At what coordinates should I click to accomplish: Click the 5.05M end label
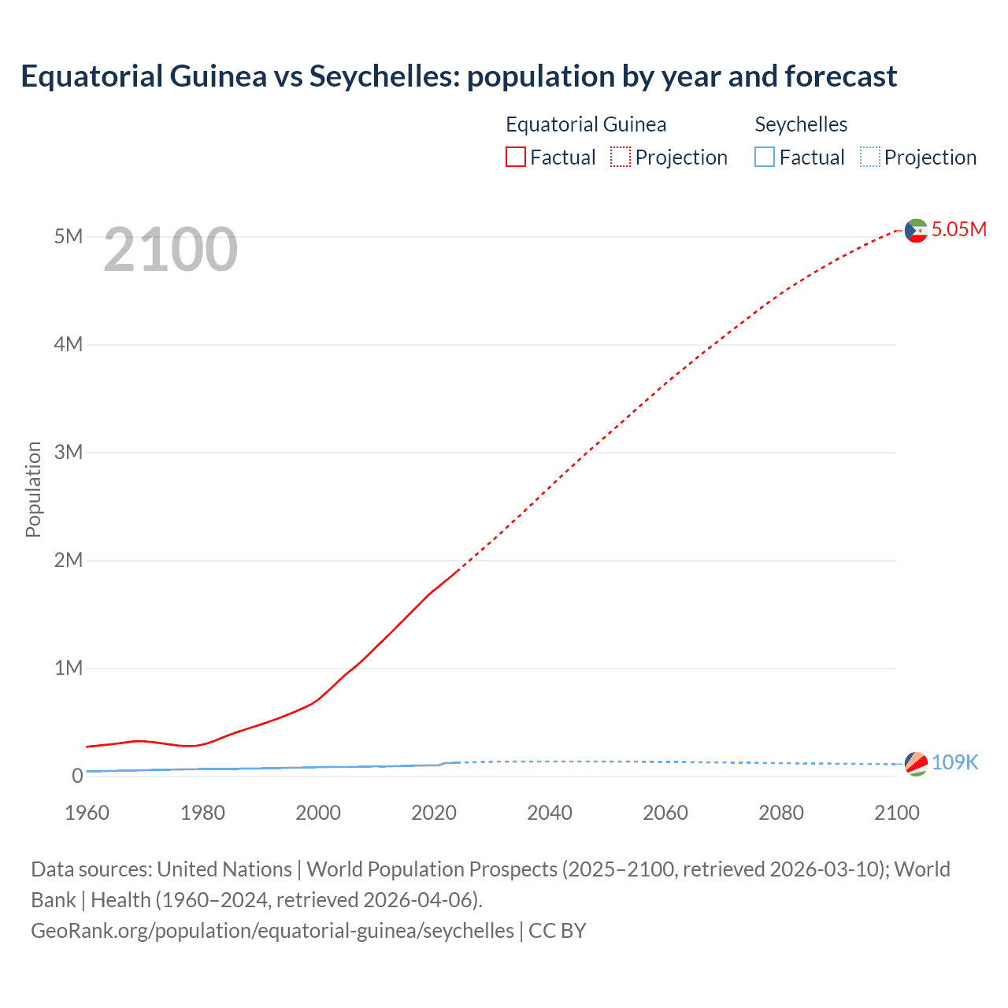coord(958,229)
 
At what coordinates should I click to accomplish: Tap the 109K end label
coord(954,762)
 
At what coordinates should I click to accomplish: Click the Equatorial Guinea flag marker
coord(916,230)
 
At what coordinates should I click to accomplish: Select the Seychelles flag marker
coord(916,763)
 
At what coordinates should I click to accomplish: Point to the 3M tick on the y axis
coord(69,452)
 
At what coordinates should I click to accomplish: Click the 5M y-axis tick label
coord(69,236)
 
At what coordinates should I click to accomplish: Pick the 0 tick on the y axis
coord(77,776)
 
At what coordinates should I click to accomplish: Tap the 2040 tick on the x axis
coord(550,813)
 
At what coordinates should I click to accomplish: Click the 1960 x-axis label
coord(87,813)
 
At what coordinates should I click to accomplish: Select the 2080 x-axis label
coord(781,813)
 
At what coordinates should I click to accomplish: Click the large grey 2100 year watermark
coord(170,250)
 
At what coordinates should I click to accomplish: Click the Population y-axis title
coord(33,489)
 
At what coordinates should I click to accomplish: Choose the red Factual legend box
coord(516,157)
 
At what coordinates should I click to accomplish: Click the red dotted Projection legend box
coord(621,157)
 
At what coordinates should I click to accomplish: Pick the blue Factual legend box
coord(765,157)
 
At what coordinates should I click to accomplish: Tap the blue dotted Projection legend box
coord(870,157)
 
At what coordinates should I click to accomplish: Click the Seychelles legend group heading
coord(801,124)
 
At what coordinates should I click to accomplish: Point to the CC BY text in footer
coord(558,930)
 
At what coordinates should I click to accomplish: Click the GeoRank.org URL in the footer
coord(272,930)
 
